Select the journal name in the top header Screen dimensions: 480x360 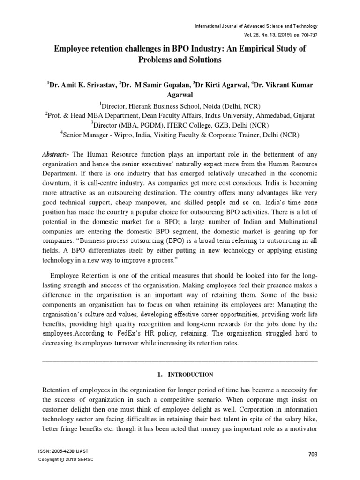(x=256, y=26)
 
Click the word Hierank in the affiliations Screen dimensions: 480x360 (x=143, y=106)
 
